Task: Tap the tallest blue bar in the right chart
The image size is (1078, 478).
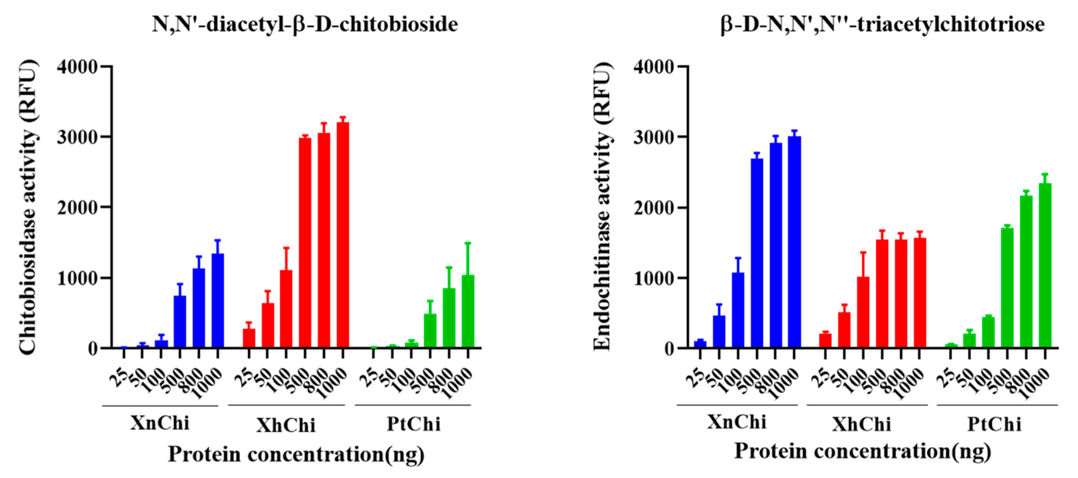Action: [794, 242]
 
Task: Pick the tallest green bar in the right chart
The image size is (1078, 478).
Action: [1045, 265]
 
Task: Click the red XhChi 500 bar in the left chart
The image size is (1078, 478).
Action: [305, 243]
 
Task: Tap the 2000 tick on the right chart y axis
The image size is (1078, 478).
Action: [654, 208]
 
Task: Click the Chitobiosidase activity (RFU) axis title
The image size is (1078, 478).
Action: [28, 207]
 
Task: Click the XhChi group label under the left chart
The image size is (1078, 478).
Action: [286, 425]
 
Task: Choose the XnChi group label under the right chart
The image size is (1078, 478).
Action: [737, 422]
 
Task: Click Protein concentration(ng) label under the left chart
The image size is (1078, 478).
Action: [296, 454]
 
